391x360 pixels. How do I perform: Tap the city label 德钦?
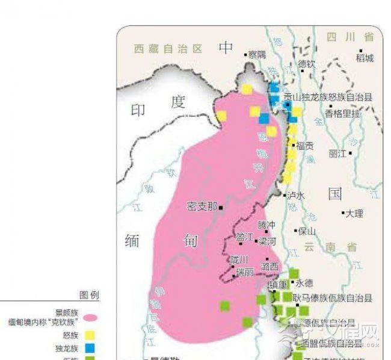point(307,64)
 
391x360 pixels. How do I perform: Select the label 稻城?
point(365,58)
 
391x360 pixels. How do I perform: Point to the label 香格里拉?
point(343,113)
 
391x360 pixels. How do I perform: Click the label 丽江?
point(338,154)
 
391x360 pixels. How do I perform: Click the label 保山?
point(307,231)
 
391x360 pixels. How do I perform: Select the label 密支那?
point(202,206)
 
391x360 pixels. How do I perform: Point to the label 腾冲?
point(266,225)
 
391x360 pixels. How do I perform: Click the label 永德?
point(304,283)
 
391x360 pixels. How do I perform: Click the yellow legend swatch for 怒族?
point(91,335)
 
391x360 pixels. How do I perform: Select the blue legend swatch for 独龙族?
point(91,348)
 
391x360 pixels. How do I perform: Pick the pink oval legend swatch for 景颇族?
point(91,317)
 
